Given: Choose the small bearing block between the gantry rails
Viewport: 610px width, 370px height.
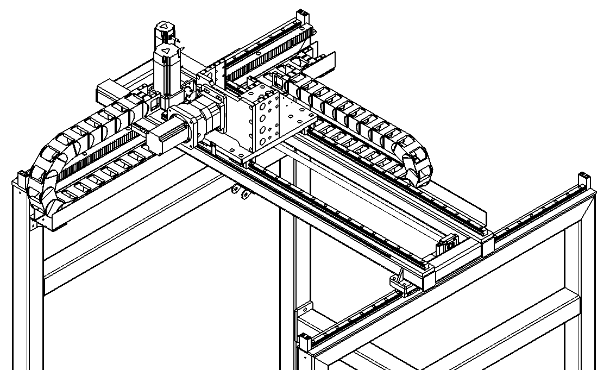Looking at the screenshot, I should coord(448,244).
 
